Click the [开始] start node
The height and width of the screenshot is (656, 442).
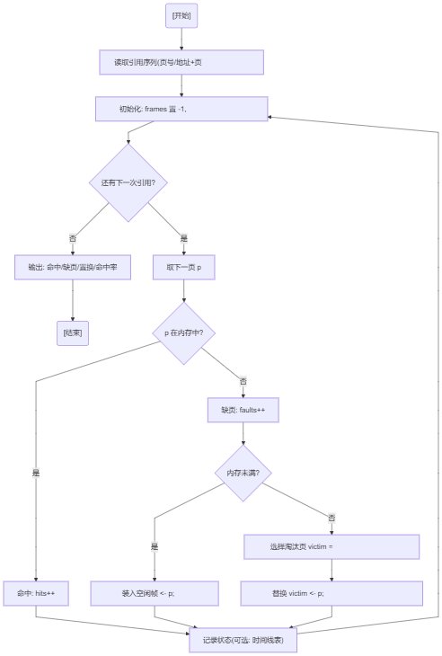pyautogui.click(x=181, y=16)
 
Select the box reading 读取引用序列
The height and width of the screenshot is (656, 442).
pyautogui.click(x=181, y=62)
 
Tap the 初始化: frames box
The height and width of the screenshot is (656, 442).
pyautogui.click(x=181, y=110)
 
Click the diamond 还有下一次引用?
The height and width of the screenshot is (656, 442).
pyautogui.click(x=128, y=182)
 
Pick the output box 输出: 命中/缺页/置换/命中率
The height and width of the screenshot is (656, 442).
pyautogui.click(x=73, y=267)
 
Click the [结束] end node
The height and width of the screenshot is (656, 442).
pyautogui.click(x=73, y=333)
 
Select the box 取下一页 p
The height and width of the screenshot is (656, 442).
pyautogui.click(x=184, y=267)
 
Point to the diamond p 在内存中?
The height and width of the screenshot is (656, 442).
pyautogui.click(x=184, y=333)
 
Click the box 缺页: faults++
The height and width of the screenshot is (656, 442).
pyautogui.click(x=243, y=410)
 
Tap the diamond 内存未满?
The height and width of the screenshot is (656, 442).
pyautogui.click(x=243, y=474)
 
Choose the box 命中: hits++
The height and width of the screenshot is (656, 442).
pyautogui.click(x=36, y=593)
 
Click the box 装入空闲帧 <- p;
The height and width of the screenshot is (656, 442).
pyautogui.click(x=155, y=593)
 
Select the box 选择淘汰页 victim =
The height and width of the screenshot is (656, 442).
pyautogui.click(x=331, y=546)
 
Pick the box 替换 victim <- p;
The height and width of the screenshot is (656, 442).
pyautogui.click(x=331, y=593)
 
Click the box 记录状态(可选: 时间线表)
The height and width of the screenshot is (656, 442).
pyautogui.click(x=243, y=640)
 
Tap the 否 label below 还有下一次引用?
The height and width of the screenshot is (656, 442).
pyautogui.click(x=73, y=238)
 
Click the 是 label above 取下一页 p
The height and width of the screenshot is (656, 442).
pyautogui.click(x=184, y=238)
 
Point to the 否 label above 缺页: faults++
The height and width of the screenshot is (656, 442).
pyautogui.click(x=243, y=382)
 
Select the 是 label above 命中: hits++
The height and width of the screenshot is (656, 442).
pyautogui.click(x=36, y=474)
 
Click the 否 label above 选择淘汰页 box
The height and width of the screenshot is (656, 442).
pyautogui.click(x=331, y=518)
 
